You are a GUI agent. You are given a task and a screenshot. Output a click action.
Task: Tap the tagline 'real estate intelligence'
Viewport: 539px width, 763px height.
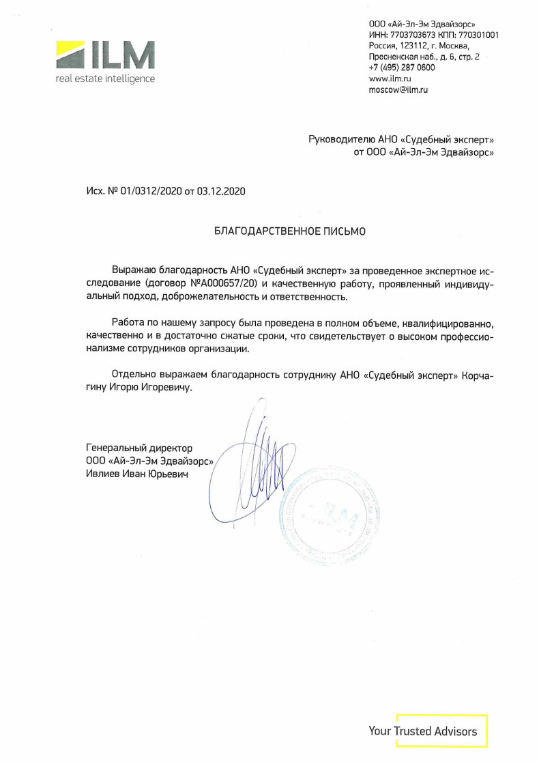click(105, 78)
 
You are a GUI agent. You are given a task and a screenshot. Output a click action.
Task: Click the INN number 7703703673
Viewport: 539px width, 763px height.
click(413, 35)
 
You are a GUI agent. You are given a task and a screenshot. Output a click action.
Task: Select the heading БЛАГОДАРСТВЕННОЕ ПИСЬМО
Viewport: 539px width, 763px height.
click(290, 231)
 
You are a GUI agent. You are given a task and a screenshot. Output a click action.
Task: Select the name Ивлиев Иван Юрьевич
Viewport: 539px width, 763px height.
click(136, 473)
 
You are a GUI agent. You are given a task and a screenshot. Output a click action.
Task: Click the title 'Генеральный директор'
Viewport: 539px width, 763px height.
click(139, 448)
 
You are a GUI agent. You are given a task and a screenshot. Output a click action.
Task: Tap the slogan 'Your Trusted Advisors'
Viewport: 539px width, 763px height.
click(423, 731)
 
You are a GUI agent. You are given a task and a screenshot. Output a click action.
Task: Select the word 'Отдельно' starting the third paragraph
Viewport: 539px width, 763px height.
click(133, 375)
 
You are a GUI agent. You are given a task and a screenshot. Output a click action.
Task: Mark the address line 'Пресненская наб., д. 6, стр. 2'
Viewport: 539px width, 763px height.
click(424, 57)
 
